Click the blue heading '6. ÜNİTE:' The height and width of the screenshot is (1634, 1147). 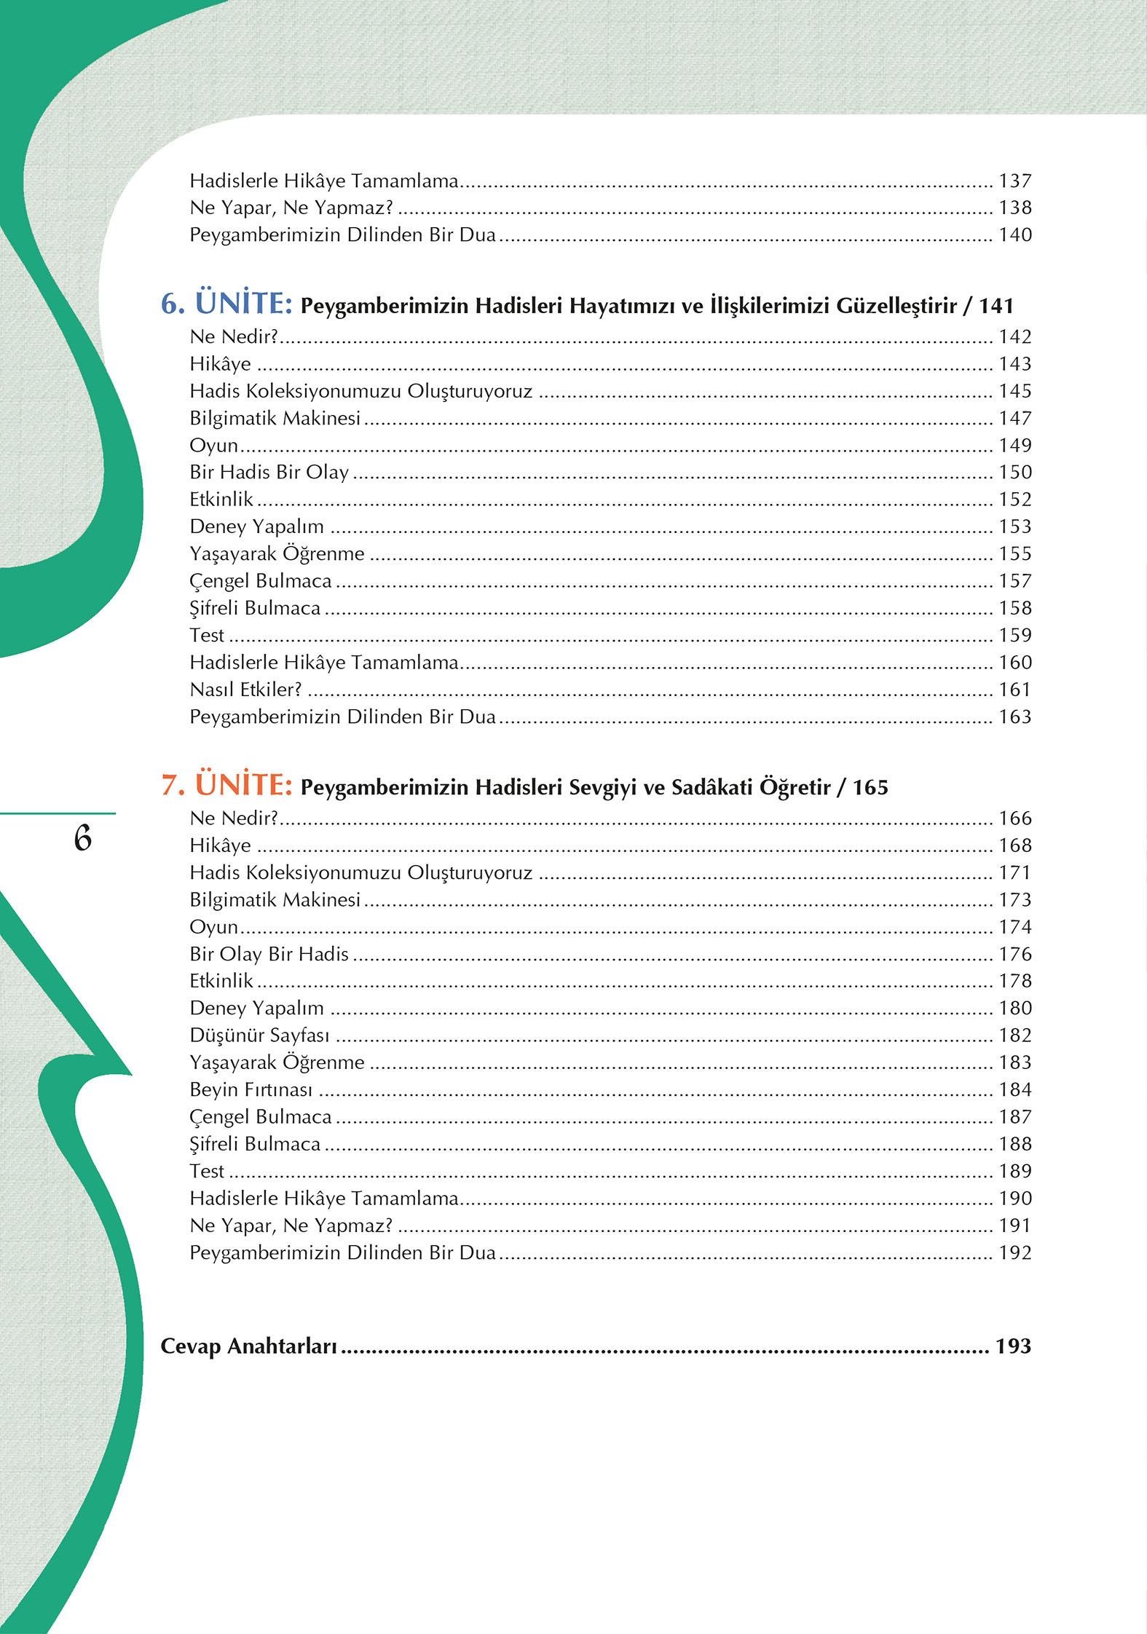226,304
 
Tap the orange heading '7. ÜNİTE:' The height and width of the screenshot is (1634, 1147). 226,786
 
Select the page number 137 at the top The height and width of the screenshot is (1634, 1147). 1014,181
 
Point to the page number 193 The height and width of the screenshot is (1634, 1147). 1014,1346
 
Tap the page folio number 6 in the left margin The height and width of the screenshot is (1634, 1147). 82,840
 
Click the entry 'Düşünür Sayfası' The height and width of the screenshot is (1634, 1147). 259,1035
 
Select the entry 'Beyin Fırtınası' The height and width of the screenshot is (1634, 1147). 251,1089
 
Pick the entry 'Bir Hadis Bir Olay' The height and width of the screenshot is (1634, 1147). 269,472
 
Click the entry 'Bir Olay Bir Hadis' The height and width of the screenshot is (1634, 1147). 269,954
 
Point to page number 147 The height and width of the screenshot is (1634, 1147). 1014,418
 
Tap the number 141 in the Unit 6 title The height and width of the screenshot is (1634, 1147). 996,306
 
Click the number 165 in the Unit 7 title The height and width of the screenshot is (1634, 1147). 870,787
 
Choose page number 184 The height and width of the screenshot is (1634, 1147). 1014,1089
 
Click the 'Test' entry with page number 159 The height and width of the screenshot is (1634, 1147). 207,635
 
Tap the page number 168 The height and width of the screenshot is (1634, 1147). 1014,845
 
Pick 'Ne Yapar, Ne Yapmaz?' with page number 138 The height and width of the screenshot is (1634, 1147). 291,208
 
